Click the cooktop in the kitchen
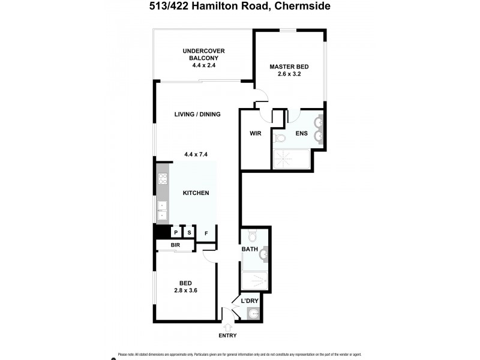[x=162, y=178]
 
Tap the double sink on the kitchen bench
[x=162, y=210]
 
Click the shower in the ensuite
[x=292, y=159]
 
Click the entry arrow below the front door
[x=228, y=326]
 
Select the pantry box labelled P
[x=176, y=233]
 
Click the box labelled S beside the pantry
[x=189, y=233]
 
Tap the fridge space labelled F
[x=206, y=233]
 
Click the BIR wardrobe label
[x=176, y=245]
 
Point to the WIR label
[x=254, y=133]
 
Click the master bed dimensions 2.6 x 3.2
[x=289, y=74]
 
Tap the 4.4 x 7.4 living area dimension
[x=196, y=154]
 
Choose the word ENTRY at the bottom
[x=228, y=336]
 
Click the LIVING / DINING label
[x=197, y=114]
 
